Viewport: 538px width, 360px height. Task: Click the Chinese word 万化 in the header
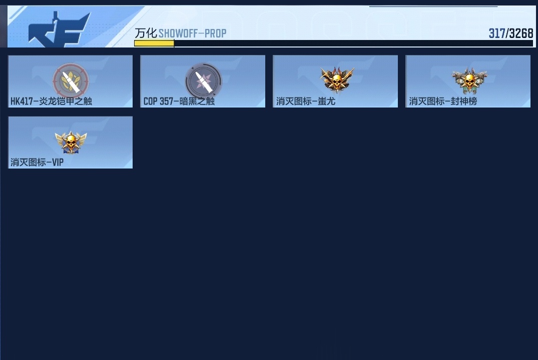[x=146, y=33]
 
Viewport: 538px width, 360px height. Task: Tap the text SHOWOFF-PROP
[x=193, y=33]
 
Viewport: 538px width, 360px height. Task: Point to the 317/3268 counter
[x=511, y=33]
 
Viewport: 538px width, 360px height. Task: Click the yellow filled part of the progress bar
[x=154, y=43]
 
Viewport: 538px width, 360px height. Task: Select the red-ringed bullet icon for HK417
[x=71, y=80]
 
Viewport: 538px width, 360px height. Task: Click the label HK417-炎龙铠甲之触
[x=51, y=101]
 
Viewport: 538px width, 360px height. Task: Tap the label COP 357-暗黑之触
[x=179, y=101]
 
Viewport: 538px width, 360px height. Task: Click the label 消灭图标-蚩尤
[x=306, y=101]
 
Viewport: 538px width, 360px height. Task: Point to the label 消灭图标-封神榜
[x=443, y=101]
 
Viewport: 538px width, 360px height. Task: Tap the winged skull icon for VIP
[x=71, y=142]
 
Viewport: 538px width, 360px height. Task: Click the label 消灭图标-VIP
[x=37, y=162]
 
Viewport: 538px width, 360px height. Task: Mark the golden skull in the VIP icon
[x=71, y=141]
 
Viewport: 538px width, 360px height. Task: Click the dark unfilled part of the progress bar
[x=353, y=43]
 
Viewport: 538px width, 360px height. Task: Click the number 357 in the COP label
[x=167, y=101]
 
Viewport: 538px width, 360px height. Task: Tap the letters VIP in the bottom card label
[x=58, y=162]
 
